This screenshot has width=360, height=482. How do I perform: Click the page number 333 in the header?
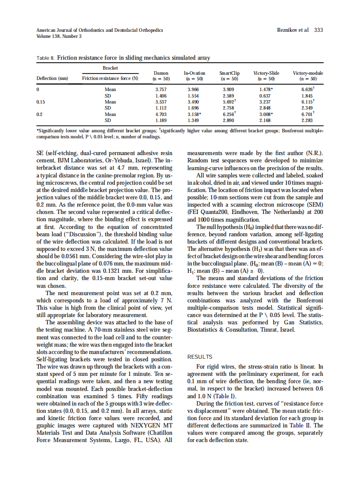point(318,30)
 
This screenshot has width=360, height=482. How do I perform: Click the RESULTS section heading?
point(200,357)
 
